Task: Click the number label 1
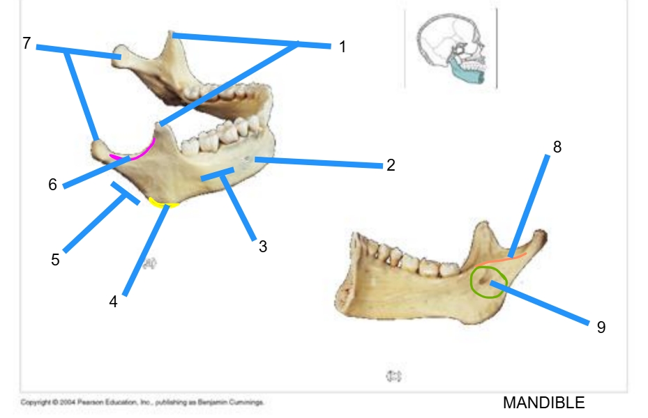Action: (x=342, y=47)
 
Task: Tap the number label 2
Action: (x=391, y=165)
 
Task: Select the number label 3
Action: (x=263, y=246)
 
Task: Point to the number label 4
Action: (x=113, y=302)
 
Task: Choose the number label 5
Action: (x=55, y=260)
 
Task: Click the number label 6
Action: (x=52, y=185)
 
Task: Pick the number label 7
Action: (x=27, y=43)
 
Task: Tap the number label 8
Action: (x=557, y=146)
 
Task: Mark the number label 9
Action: (x=601, y=327)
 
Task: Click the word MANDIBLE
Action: (x=543, y=403)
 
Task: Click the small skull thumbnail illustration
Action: (x=451, y=49)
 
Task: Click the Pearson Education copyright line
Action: (x=142, y=402)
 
